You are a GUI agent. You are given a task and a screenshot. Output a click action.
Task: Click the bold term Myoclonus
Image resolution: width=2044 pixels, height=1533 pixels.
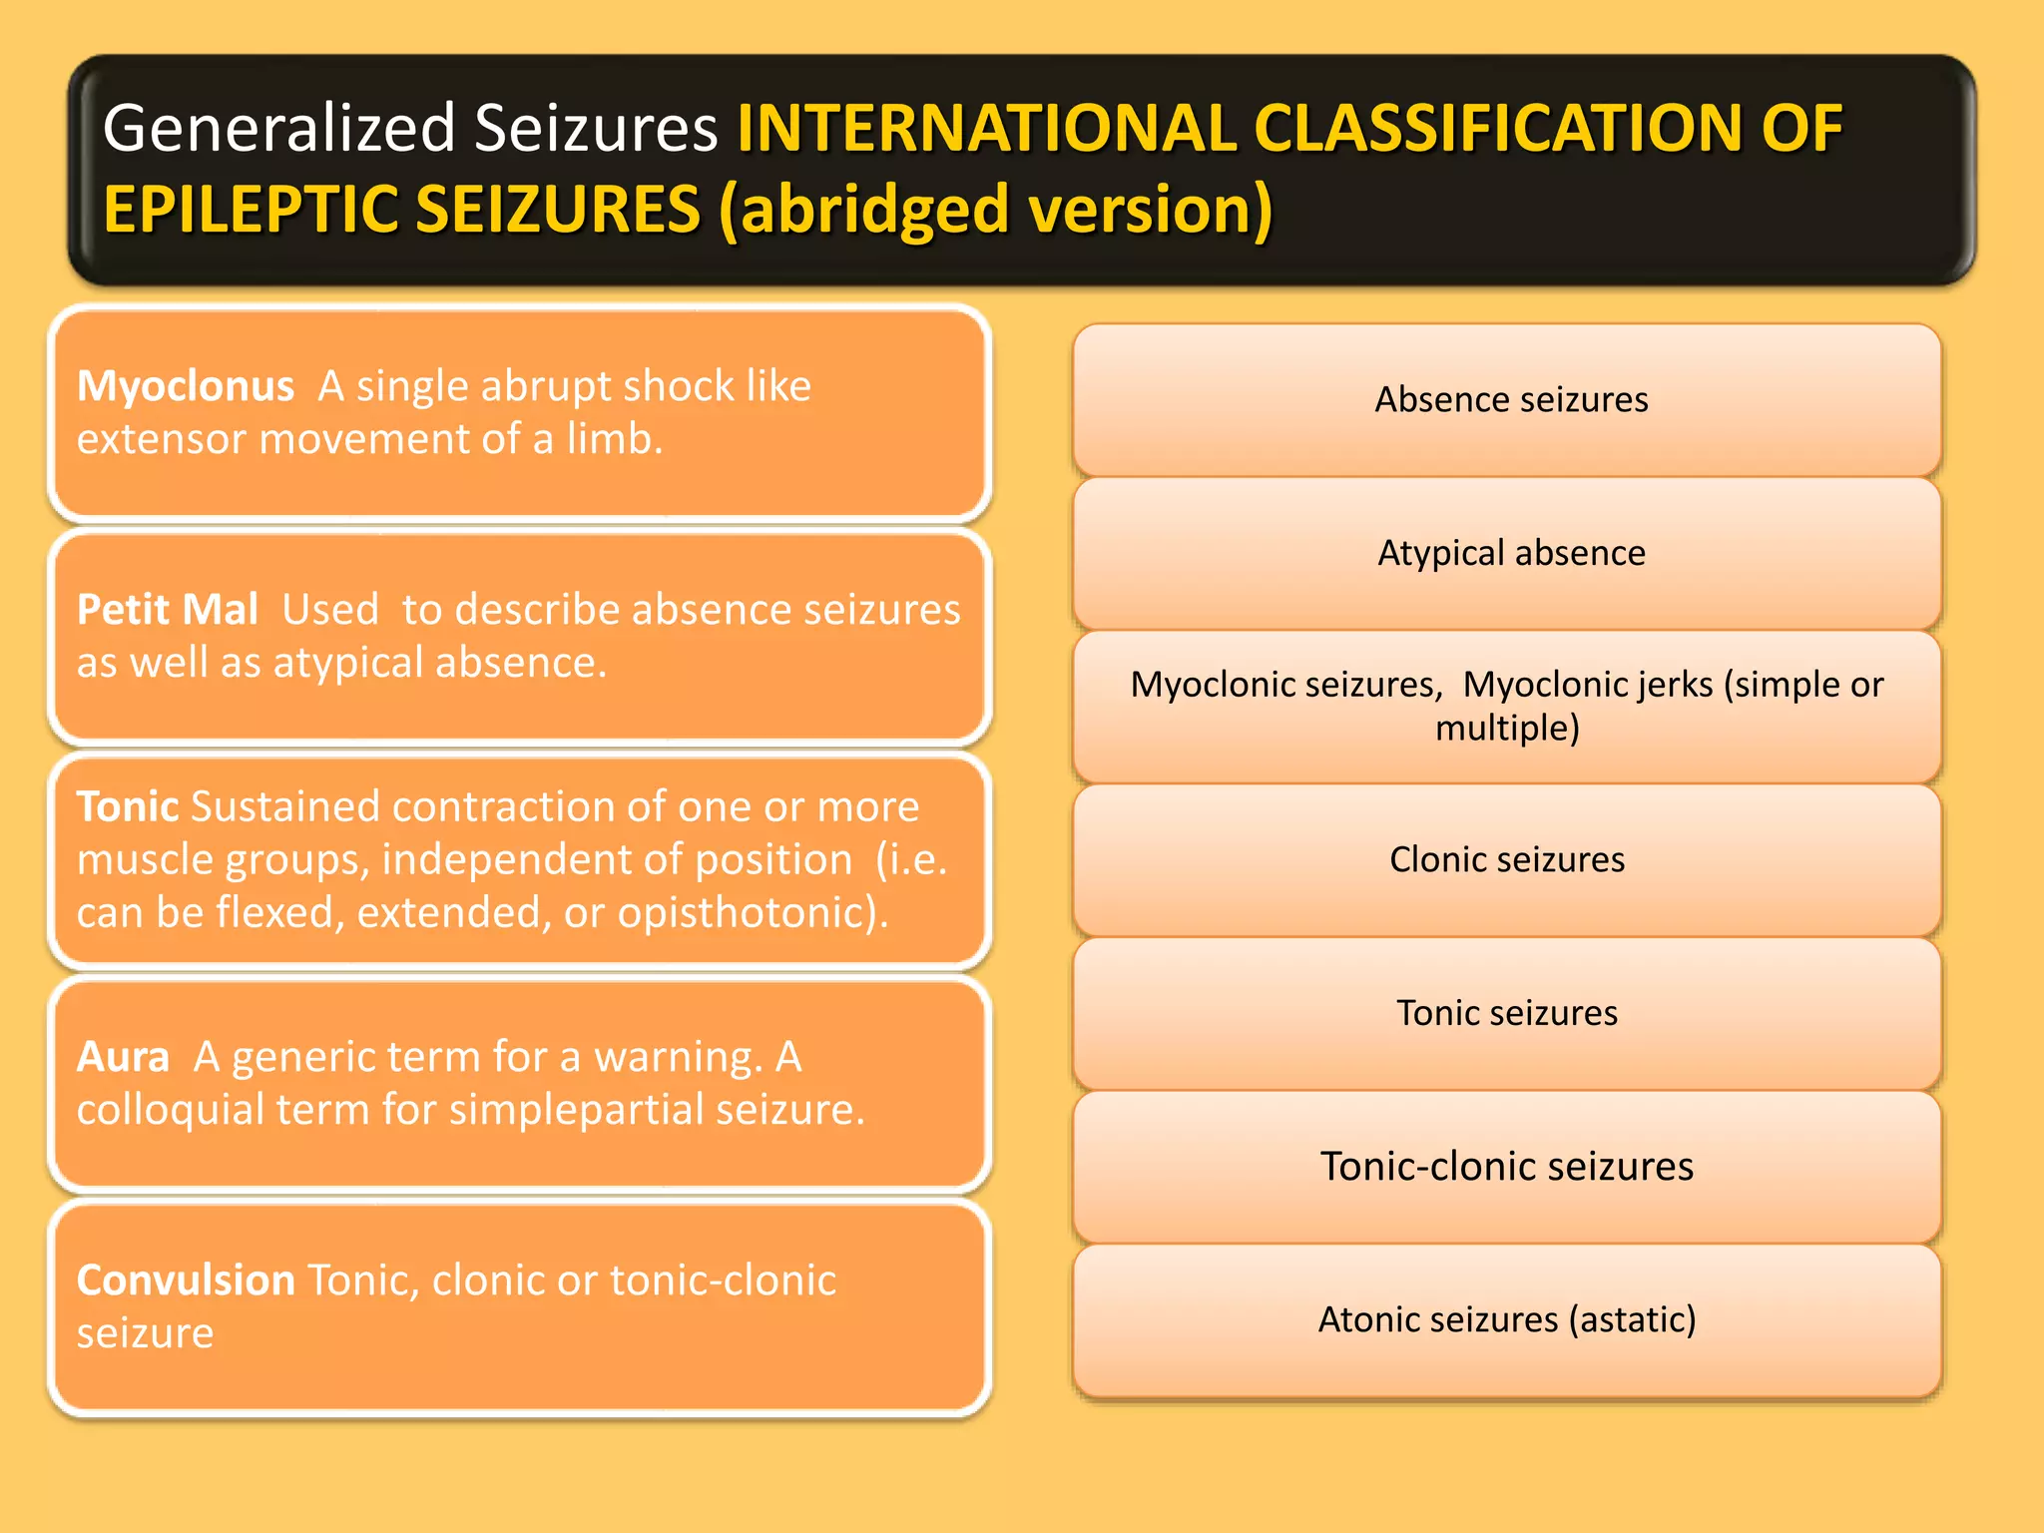point(185,386)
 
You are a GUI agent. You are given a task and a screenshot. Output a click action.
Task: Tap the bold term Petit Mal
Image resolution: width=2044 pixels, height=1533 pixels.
point(167,610)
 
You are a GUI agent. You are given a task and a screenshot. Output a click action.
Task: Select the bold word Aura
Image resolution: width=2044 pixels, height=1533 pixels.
point(123,1057)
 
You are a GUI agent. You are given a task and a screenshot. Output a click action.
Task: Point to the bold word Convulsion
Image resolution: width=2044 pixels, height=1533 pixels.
point(186,1280)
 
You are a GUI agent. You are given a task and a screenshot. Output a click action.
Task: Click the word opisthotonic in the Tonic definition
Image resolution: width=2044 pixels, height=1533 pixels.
point(749,912)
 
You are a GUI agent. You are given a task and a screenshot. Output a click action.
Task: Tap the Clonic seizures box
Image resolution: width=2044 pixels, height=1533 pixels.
point(1506,859)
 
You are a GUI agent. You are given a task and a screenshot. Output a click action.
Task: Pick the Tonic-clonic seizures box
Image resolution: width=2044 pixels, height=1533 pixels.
point(1506,1166)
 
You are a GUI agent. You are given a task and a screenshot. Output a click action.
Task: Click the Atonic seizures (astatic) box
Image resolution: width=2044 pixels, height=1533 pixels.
point(1506,1319)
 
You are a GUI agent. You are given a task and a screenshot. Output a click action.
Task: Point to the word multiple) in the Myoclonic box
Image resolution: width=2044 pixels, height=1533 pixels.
point(1506,728)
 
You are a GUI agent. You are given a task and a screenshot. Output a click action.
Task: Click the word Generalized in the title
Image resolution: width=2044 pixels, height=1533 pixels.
point(279,129)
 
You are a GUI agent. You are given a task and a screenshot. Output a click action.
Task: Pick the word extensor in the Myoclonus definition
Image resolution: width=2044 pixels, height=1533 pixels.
point(160,439)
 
